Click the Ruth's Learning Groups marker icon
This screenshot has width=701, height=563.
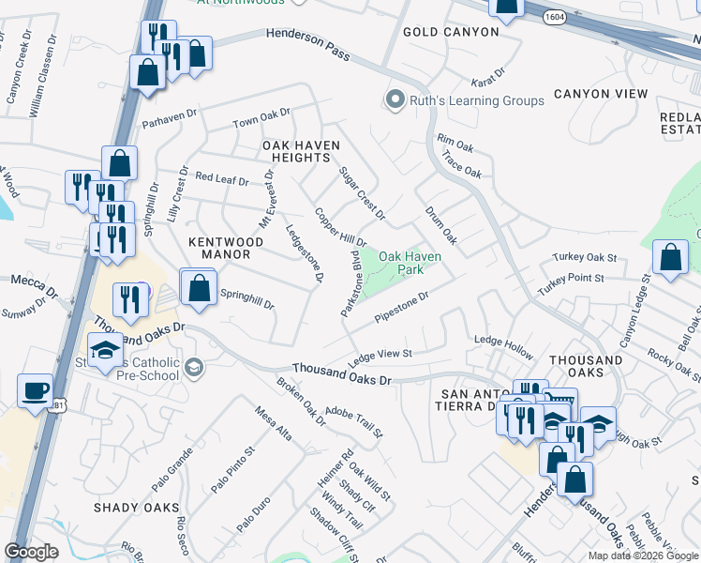395,99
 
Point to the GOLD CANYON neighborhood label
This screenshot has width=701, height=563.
451,32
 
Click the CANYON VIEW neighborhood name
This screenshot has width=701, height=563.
601,94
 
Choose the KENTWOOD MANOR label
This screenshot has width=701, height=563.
219,248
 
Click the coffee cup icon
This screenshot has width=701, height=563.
36,389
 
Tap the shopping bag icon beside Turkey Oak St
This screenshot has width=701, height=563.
670,257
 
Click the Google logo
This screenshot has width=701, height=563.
31,552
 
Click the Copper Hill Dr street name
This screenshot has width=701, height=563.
340,228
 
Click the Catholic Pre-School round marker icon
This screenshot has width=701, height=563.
193,366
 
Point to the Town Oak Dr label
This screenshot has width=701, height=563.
261,119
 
